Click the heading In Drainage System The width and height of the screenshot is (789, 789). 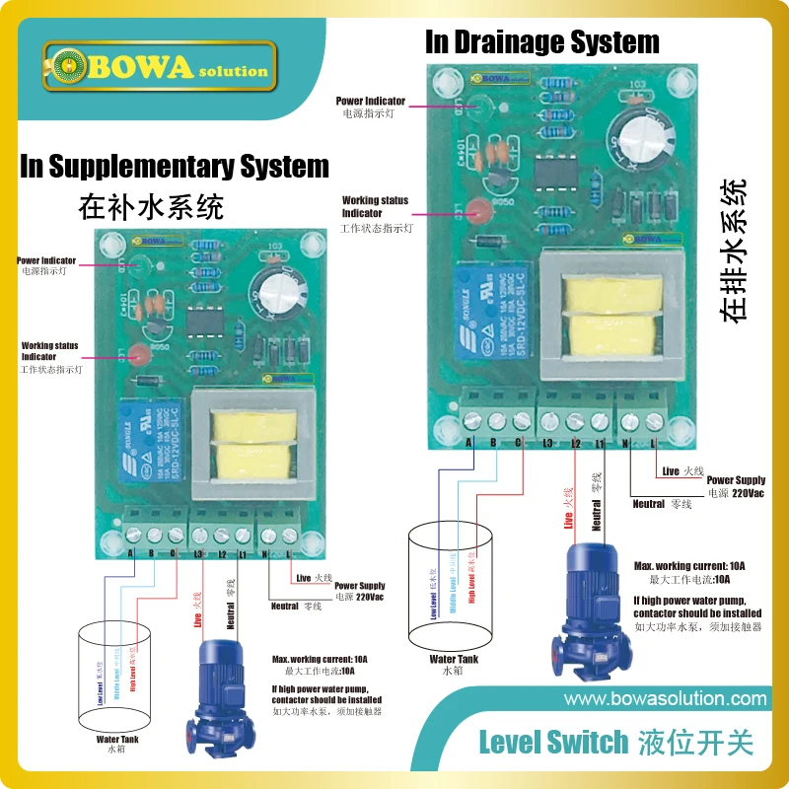(x=541, y=42)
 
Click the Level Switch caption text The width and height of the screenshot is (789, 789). (x=553, y=742)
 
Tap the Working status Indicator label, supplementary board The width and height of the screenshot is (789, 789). (x=51, y=352)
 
